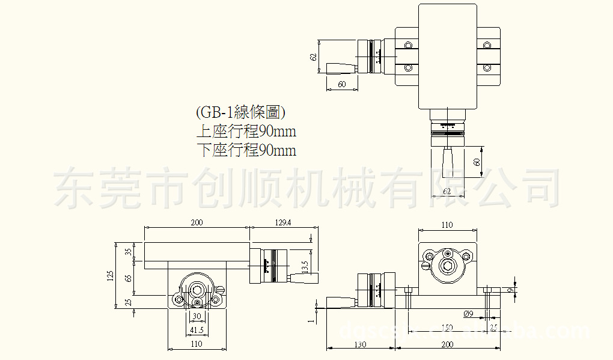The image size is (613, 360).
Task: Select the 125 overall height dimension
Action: [111, 276]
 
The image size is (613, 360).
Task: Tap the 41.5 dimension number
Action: [197, 330]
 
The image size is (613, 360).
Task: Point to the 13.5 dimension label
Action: [305, 265]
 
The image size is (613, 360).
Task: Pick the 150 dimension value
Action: [447, 328]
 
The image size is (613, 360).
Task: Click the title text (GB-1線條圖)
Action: [240, 112]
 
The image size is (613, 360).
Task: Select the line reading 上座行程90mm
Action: [246, 131]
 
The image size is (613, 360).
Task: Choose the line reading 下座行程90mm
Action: [246, 150]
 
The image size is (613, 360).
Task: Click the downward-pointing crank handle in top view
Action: [448, 162]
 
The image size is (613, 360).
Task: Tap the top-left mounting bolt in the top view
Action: [409, 46]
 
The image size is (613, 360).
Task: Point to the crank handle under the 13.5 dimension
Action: [304, 278]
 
